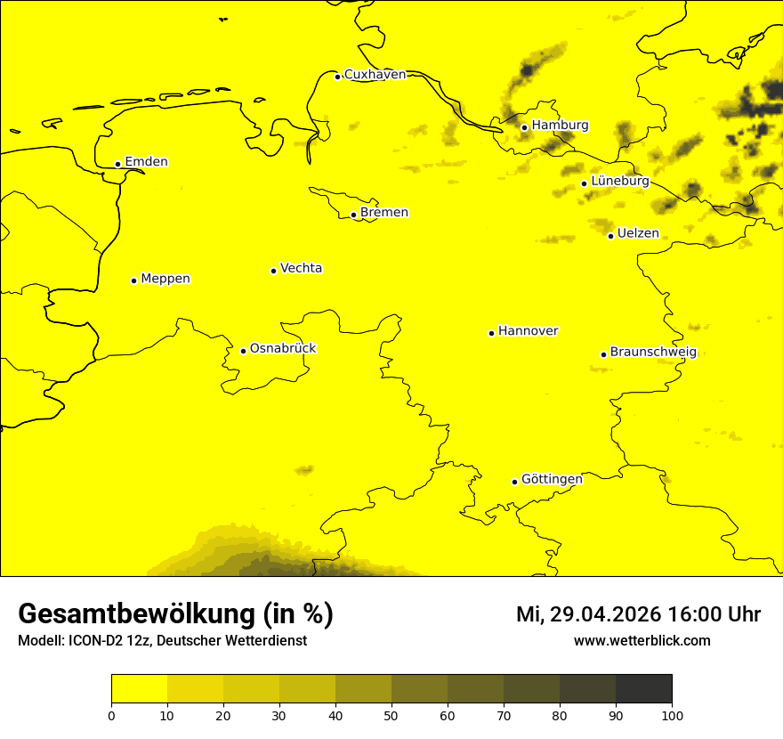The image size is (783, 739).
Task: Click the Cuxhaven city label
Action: click(375, 75)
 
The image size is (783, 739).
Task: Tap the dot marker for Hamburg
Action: click(524, 127)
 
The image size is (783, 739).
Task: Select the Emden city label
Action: click(146, 162)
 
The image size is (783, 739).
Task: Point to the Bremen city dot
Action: click(353, 215)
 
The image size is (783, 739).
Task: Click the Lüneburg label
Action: click(619, 181)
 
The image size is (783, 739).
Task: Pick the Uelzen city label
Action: click(638, 233)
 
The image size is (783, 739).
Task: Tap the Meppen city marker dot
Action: click(133, 280)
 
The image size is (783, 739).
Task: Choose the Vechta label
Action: click(301, 268)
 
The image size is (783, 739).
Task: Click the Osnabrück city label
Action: click(283, 348)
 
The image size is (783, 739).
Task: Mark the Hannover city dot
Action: click(491, 333)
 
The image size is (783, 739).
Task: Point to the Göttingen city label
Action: click(552, 479)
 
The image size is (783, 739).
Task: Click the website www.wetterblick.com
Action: click(642, 641)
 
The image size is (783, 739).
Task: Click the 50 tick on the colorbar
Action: click(391, 714)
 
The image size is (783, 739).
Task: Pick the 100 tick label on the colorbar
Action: click(672, 714)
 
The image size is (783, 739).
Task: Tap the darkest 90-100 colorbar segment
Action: click(643, 688)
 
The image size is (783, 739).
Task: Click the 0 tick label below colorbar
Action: click(111, 714)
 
